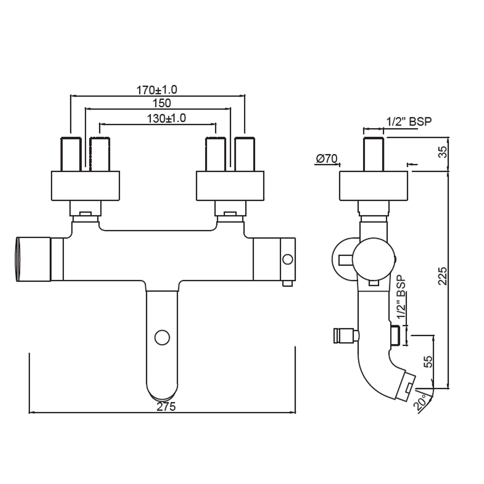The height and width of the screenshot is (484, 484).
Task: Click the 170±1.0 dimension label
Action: [157, 90]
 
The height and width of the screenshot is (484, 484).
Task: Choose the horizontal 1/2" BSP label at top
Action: [408, 121]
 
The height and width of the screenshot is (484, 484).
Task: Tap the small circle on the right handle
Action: [287, 259]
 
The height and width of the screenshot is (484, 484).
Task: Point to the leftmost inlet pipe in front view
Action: [71, 154]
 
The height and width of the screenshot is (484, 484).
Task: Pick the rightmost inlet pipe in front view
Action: [244, 154]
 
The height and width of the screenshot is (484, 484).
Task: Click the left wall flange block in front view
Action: [85, 185]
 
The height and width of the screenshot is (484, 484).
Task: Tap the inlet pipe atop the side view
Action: [374, 154]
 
